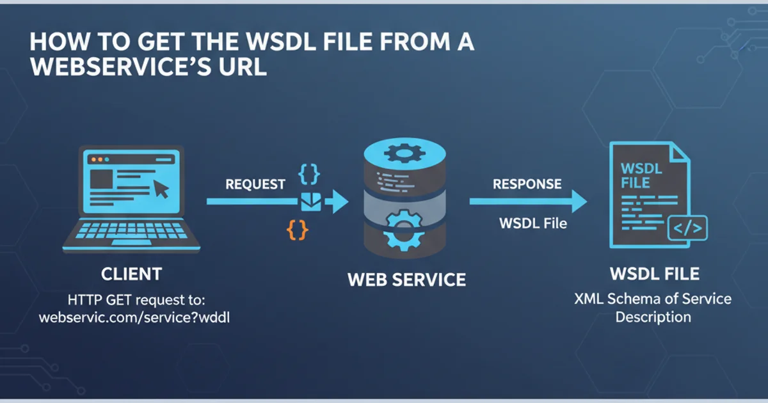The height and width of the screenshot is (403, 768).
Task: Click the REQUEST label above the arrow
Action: [x=255, y=184]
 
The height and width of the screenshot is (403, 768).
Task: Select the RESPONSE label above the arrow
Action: [x=527, y=184]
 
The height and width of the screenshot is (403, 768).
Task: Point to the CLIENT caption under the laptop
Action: [x=131, y=274]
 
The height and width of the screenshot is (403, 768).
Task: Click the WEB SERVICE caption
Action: [x=406, y=280]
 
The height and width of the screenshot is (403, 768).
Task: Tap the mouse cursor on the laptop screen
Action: [x=161, y=189]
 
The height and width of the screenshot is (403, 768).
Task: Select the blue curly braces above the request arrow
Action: [x=309, y=174]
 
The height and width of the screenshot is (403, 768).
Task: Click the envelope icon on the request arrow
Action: [x=310, y=201]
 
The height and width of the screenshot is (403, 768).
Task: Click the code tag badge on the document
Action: [x=687, y=227]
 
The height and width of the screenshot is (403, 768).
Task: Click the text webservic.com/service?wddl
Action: [x=134, y=317]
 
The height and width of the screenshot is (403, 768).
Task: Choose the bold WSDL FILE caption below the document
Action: [x=654, y=274]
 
